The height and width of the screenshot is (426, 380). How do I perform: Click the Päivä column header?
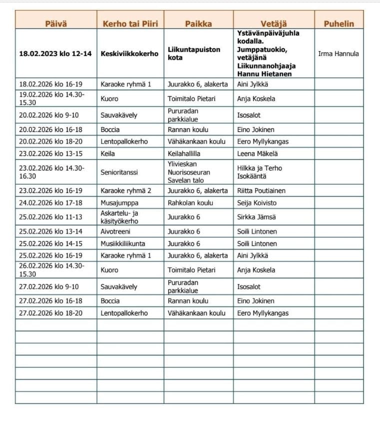click(x=55, y=23)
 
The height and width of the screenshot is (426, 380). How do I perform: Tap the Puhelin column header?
click(x=339, y=23)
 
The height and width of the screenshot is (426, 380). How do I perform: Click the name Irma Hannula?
click(x=339, y=53)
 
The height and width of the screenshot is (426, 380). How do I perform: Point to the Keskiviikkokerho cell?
click(x=129, y=53)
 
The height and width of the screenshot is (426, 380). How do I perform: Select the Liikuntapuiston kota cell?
click(x=194, y=53)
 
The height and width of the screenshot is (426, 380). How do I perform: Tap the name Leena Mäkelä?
click(x=257, y=153)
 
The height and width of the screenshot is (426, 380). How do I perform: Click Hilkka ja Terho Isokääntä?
click(x=259, y=172)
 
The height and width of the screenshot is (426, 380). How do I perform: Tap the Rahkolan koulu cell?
click(x=190, y=203)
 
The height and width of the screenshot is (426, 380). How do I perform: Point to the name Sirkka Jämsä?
click(x=257, y=217)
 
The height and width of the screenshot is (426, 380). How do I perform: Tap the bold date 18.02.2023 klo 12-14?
click(x=55, y=53)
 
